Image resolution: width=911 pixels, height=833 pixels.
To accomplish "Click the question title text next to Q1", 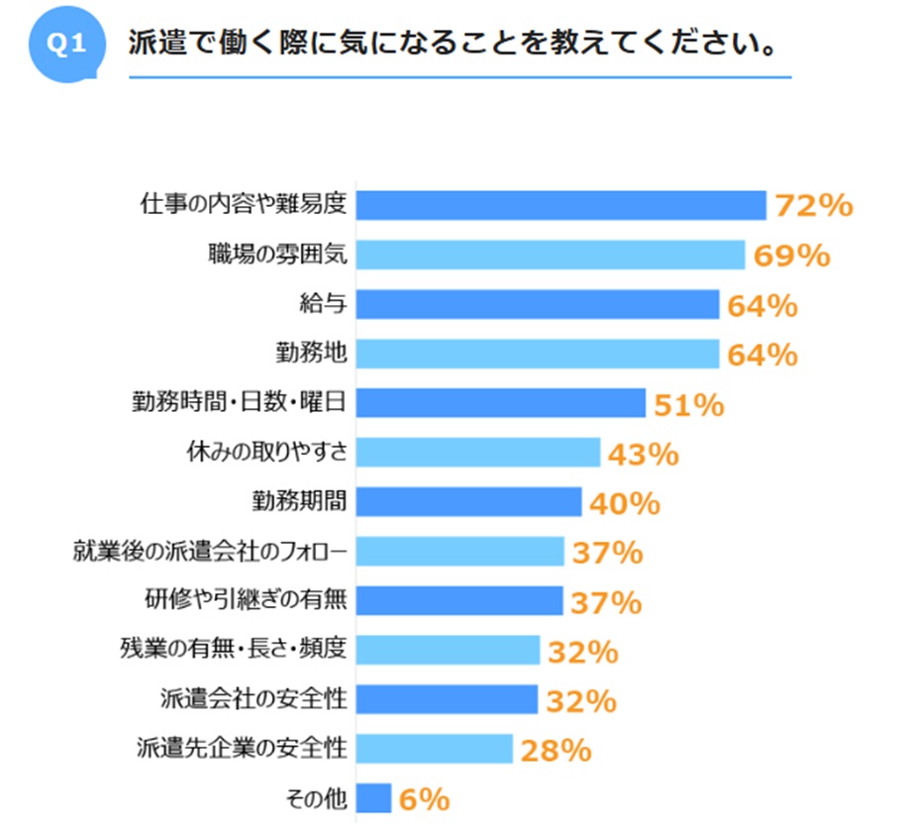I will pos(451,47).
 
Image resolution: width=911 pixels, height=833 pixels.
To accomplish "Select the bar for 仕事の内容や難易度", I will pos(560,205).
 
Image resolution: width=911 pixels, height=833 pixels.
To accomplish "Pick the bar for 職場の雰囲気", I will pos(550,255).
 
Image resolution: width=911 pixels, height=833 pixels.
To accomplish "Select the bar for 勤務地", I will pos(537,354).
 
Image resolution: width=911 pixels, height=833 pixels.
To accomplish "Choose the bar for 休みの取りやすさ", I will pos(477,453).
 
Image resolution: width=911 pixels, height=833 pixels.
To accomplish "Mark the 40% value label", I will pos(625,503).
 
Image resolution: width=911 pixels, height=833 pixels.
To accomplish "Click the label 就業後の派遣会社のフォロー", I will pos(211,552).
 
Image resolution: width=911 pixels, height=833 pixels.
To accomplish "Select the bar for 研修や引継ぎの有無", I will pos(459,601).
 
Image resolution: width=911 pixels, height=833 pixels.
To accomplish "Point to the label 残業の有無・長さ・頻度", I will pos(233,651).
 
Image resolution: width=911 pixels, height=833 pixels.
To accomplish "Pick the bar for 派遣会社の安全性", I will pos(447,700).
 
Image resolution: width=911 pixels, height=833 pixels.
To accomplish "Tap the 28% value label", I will pos(557,751).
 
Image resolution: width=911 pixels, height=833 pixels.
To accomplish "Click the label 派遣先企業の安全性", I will pos(242,750).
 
